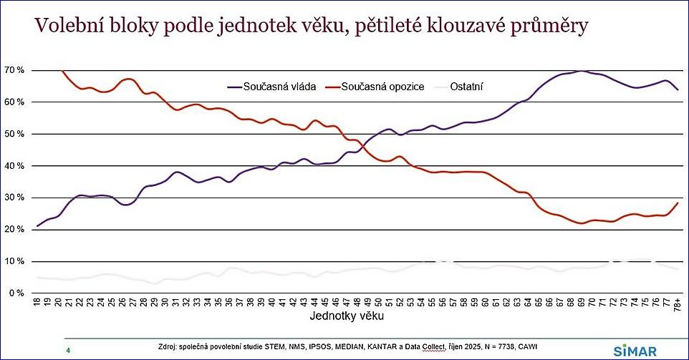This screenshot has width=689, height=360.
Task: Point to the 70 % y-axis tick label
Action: [14, 70]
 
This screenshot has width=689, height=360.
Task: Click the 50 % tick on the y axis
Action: [14, 134]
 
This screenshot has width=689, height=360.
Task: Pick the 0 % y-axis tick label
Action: [16, 293]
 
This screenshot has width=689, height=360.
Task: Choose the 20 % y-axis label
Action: [14, 230]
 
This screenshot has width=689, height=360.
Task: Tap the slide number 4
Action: [68, 350]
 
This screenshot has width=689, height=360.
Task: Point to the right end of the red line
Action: [678, 203]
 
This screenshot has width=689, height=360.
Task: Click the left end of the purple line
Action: [37, 226]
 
